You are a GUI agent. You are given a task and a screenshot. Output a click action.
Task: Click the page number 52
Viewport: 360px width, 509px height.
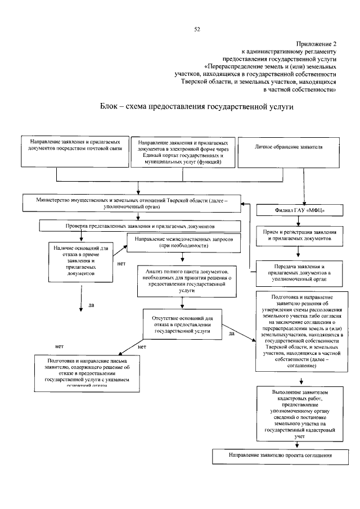coord(197,29)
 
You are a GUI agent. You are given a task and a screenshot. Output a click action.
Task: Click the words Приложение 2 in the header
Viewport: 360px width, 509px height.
coord(317,43)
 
